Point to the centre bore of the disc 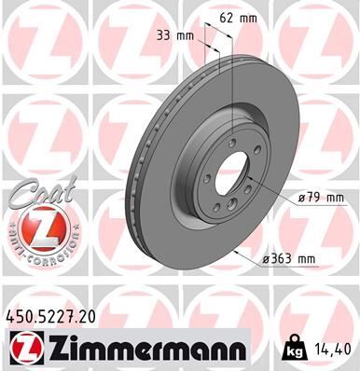pos(241,178)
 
